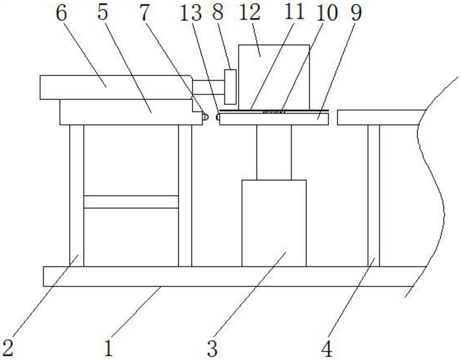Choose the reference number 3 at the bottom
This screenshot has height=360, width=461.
[212, 347]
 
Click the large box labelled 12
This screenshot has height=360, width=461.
[274, 74]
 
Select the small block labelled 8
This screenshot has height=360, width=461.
[230, 87]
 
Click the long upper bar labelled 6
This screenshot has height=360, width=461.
[115, 87]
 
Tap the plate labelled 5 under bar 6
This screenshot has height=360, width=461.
[124, 112]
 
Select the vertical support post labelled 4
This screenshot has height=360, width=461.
[373, 194]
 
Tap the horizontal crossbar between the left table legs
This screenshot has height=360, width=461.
[131, 201]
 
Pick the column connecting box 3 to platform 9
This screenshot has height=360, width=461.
[274, 152]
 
